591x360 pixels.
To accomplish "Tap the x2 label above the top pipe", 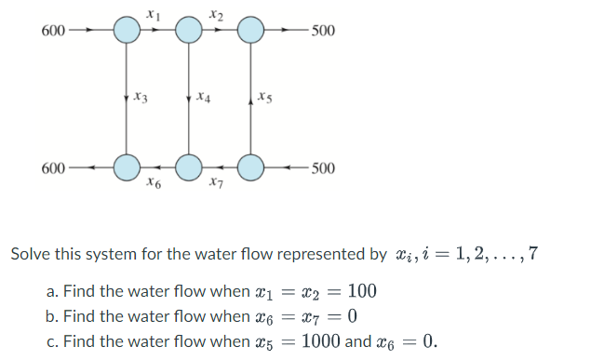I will tap(216, 13).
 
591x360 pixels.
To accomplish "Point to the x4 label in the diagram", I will tap(205, 97).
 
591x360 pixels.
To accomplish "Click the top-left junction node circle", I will tap(127, 30).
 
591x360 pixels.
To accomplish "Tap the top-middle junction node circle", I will tap(189, 30).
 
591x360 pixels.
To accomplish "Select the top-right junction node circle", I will tap(251, 30).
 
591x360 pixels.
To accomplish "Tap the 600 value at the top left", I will tap(53, 30).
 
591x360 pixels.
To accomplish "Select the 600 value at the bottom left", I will tap(53, 168).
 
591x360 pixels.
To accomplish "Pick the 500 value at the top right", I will tap(324, 31).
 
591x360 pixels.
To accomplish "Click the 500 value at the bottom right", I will tap(324, 168).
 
